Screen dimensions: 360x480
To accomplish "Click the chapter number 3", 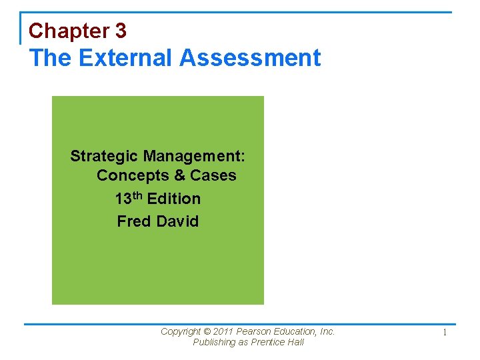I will pyautogui.click(x=121, y=31).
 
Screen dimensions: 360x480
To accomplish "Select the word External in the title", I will pyautogui.click(x=125, y=58).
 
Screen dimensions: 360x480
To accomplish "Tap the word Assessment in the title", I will pyautogui.click(x=250, y=58).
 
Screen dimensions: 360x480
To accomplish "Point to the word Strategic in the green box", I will pyautogui.click(x=104, y=157).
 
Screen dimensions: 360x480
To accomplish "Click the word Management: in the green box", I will pyautogui.click(x=194, y=157).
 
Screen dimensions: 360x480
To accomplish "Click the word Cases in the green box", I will pyautogui.click(x=213, y=176).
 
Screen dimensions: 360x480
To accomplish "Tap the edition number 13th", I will pyautogui.click(x=128, y=198).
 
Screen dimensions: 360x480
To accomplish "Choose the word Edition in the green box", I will pyautogui.click(x=174, y=199).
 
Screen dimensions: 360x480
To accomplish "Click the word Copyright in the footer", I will pyautogui.click(x=181, y=332).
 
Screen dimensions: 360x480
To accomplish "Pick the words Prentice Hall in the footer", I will pyautogui.click(x=278, y=343).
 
